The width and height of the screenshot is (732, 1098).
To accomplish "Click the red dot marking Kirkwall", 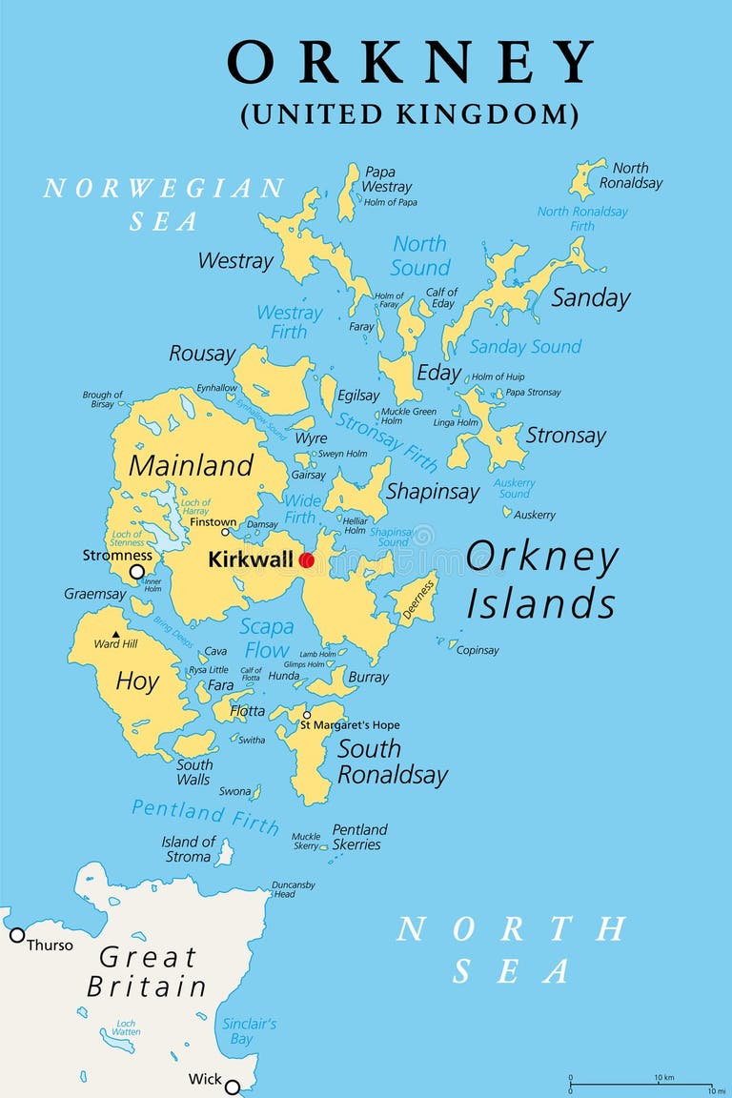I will tap(306, 560).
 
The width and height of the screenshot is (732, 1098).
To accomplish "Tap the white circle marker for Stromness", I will tap(137, 572).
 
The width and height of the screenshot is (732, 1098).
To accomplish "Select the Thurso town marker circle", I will tap(17, 935).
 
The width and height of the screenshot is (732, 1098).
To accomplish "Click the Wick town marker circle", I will tap(232, 1087).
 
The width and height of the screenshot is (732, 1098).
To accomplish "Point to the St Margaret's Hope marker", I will tap(307, 715).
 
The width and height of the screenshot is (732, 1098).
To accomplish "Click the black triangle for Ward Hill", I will tap(115, 634).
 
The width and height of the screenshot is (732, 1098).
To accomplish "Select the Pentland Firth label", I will tap(205, 816).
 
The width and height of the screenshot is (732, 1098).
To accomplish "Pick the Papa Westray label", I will tap(387, 179).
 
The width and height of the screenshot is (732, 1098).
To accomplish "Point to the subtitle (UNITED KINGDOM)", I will tap(409, 114).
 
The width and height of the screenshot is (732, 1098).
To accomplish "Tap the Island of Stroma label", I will tap(189, 848).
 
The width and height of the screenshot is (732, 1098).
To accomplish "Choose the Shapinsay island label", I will tap(432, 492).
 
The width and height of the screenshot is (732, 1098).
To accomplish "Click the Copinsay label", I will tap(478, 650).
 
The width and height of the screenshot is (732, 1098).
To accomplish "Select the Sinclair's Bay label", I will tap(249, 1030).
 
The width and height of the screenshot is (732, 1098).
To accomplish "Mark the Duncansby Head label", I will tap(293, 889).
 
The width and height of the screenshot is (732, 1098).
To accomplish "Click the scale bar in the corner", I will tap(640, 1086).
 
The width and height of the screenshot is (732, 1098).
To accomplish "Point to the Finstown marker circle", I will tap(226, 532).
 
